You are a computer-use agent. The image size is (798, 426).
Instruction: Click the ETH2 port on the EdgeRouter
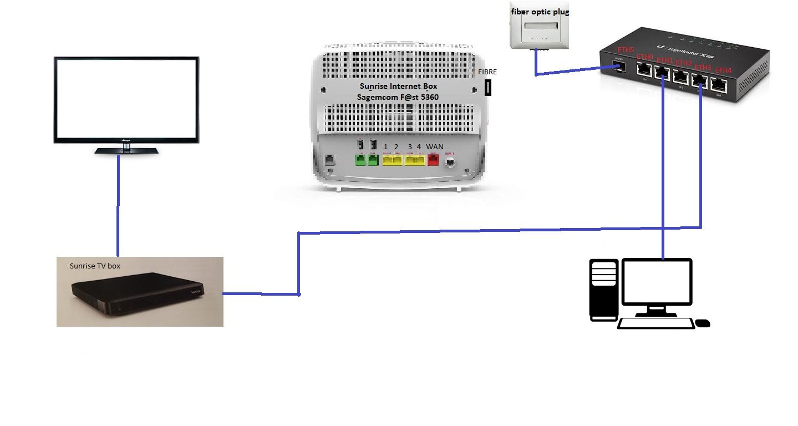680,78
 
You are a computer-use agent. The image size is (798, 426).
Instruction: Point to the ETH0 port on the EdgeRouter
643,69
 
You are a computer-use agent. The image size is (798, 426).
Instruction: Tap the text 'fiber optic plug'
539,12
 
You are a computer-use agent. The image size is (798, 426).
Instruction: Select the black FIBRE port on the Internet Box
488,88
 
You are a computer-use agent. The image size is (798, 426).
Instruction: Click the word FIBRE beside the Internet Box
487,72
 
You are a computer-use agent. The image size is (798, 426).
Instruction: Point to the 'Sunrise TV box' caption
95,266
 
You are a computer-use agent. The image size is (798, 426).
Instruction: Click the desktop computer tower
603,290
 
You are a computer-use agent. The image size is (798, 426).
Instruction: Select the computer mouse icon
702,323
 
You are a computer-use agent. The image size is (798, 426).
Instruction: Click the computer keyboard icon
656,323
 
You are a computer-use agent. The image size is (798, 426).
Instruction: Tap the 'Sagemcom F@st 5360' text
398,98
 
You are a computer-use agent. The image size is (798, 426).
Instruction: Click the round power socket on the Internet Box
451,162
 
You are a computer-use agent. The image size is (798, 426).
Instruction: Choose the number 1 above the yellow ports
386,147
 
